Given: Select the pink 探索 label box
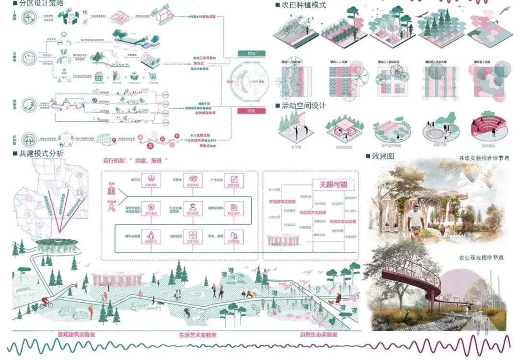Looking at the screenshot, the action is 252,111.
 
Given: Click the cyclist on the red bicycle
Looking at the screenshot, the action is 45,302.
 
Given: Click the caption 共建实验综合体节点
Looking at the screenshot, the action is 483,157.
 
